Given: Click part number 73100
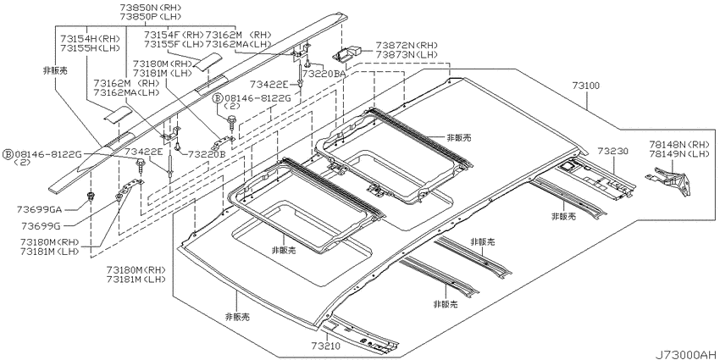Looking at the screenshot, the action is tap(585, 86).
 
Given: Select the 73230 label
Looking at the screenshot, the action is tap(612, 151).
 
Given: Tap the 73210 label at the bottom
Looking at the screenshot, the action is tap(325, 346).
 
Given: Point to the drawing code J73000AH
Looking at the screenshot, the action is tap(685, 355).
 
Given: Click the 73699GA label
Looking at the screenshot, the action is tap(39, 209).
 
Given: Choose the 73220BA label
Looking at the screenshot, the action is tap(324, 73).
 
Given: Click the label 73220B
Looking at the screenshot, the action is tap(207, 154).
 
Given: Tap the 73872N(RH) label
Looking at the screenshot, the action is tap(407, 46).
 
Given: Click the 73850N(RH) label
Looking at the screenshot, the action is tap(150, 8).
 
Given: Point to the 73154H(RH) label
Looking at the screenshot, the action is tap(90, 40).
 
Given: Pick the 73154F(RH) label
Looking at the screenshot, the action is tap(173, 36).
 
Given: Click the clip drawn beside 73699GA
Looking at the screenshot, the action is tap(91, 197).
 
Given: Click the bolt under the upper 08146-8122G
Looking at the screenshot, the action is tap(231, 124).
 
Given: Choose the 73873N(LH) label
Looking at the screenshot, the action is tap(407, 53).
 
